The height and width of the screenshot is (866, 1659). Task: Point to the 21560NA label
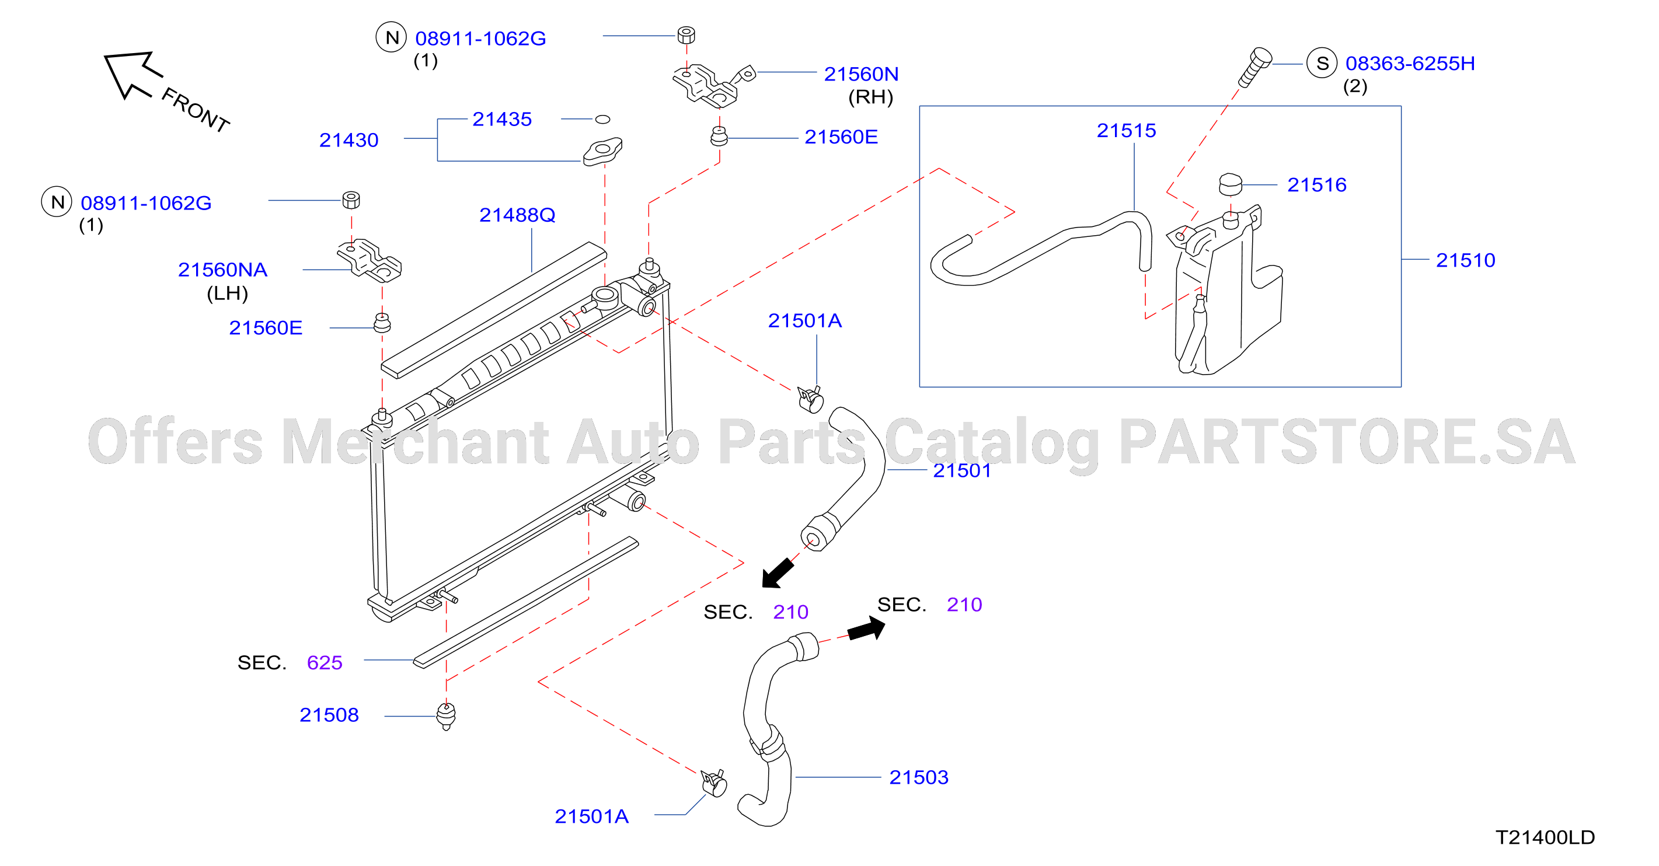pos(222,269)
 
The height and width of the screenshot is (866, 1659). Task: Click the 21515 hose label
pos(1127,130)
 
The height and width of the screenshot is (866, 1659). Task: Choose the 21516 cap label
pos(1316,185)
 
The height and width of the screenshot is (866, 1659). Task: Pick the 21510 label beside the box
pos(1465,260)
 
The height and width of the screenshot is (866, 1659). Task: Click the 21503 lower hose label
pos(918,777)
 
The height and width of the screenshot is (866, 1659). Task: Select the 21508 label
pos(329,715)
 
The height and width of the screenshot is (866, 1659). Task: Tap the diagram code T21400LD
pos(1545,837)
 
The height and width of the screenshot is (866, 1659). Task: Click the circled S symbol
pos(1322,63)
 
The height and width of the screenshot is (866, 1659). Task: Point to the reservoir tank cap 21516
pos(1230,184)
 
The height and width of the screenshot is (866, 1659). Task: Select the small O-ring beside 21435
pos(602,119)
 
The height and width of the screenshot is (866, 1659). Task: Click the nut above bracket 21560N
pos(686,35)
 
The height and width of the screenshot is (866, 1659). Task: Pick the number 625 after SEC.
pos(325,662)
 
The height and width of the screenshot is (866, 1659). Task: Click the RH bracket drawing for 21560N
pos(712,85)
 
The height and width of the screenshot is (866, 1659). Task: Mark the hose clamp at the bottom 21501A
pos(713,783)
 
